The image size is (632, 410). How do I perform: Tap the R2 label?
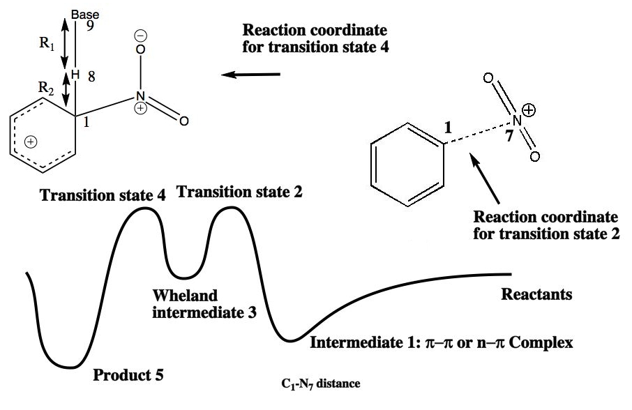pyautogui.click(x=46, y=88)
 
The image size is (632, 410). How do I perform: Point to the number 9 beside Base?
pyautogui.click(x=90, y=26)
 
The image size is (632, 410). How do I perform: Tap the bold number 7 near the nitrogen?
pyautogui.click(x=509, y=137)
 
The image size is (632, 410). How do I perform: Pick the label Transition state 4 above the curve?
pyautogui.click(x=103, y=195)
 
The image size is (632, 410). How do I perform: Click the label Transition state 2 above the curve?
pyautogui.click(x=239, y=190)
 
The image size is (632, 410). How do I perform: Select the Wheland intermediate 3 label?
pyautogui.click(x=204, y=303)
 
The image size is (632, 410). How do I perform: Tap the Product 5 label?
pyautogui.click(x=128, y=377)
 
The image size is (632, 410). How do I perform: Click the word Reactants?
pyautogui.click(x=536, y=294)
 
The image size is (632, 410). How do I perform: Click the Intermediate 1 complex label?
pyautogui.click(x=441, y=343)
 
